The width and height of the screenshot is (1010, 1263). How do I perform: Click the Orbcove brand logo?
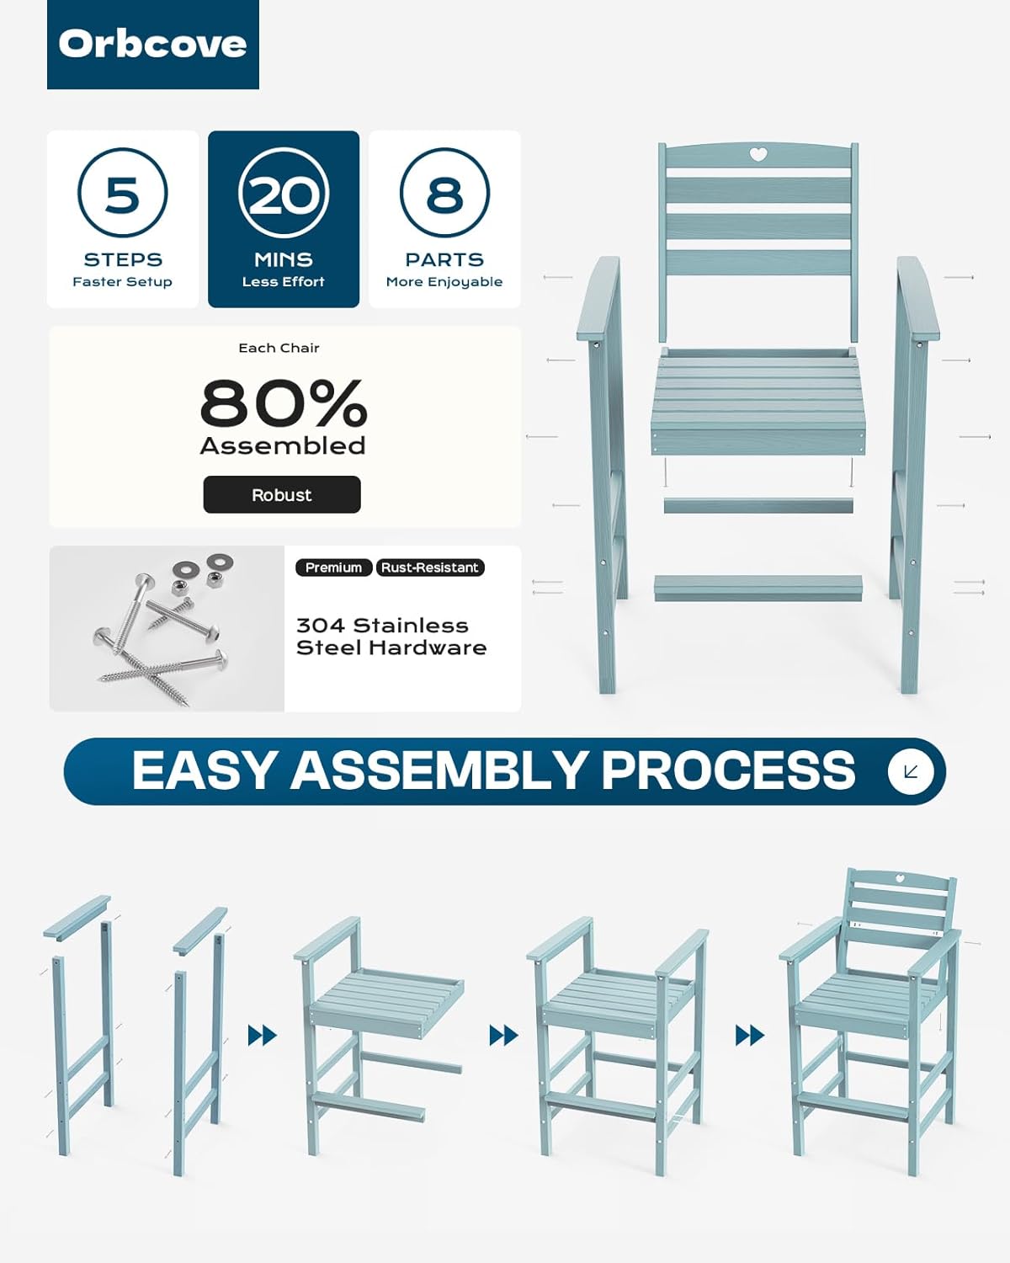pos(152,45)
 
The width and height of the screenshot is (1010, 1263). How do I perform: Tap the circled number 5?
pos(122,193)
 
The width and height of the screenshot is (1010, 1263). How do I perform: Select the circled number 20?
pos(284,193)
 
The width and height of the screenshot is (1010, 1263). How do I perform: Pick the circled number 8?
pos(444,193)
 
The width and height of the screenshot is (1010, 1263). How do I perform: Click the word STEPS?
pos(123,259)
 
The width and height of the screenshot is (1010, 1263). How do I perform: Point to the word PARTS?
pos(444,259)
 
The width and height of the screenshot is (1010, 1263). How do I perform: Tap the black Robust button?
pos(282,495)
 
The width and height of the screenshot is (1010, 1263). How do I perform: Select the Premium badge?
pos(333,568)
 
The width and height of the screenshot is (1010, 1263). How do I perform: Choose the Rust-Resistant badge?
pos(430,568)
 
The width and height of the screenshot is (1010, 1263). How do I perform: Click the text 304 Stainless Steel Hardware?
pos(391,637)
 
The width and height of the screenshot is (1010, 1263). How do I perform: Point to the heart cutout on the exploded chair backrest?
pos(758,154)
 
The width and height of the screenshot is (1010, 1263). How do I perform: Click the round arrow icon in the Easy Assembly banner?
pos(910,772)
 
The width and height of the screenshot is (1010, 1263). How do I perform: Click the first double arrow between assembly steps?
pos(262,1036)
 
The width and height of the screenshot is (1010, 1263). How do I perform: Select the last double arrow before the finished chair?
pos(749,1036)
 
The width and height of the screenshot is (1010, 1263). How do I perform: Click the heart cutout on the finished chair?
pos(899,895)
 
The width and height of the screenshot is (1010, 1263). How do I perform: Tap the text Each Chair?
pos(279,348)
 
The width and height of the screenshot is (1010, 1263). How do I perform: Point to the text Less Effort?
pos(284,282)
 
